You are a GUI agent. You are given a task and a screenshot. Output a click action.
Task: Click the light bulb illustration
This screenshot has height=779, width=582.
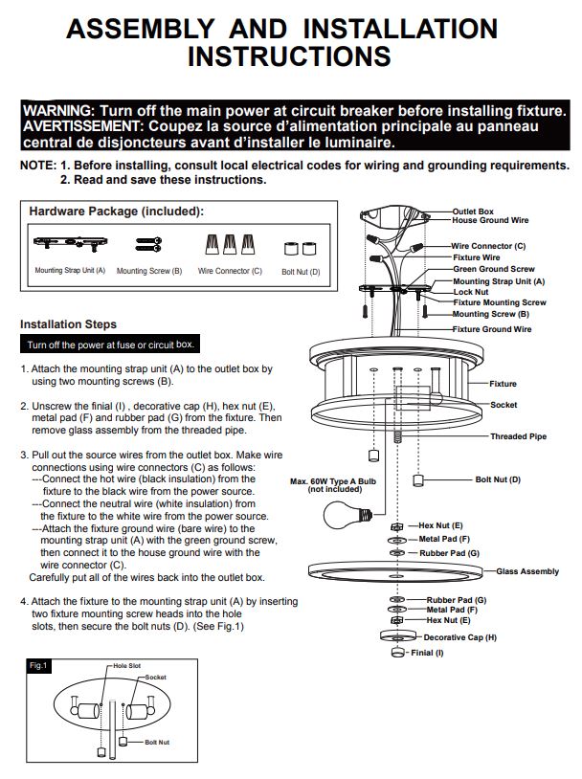pos(347,515)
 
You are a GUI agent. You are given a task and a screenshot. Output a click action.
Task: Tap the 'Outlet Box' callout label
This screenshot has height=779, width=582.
pos(473,211)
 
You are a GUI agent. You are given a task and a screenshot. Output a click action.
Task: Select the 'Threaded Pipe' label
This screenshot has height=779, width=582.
pos(519,436)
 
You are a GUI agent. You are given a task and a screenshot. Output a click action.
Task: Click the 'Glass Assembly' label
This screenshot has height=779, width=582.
pos(527,571)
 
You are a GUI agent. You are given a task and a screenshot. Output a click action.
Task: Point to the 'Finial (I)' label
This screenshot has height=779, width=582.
pos(427,653)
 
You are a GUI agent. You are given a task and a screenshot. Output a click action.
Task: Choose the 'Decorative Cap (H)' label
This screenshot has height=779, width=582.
pos(460,637)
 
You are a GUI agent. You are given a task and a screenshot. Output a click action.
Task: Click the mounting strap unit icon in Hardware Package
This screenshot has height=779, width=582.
pos(70,243)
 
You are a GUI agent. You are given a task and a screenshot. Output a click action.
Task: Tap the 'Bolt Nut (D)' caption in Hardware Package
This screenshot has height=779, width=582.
pos(301,272)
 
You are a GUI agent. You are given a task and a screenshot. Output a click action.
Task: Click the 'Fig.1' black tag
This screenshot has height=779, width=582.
pos(37,666)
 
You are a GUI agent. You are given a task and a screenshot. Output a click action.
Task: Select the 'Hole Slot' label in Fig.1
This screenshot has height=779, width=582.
pos(126,666)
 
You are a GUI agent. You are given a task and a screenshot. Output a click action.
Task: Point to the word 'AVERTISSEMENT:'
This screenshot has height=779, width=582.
pos(83,126)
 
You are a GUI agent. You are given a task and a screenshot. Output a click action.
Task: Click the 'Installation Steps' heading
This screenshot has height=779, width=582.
pos(68,324)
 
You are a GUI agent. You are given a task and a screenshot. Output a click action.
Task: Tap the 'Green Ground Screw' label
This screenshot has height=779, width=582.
pos(494,269)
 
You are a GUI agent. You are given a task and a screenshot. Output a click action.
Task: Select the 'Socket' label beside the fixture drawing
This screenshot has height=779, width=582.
pos(504,405)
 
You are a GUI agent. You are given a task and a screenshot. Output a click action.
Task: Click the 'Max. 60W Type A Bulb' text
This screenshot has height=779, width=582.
pos(333,481)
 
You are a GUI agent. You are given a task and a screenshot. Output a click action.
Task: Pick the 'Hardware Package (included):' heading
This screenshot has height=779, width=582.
pos(116,211)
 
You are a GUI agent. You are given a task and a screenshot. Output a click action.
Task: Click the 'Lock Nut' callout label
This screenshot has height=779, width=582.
pos(471,292)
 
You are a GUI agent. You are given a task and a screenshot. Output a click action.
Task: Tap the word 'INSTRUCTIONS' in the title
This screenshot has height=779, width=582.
pos(289,56)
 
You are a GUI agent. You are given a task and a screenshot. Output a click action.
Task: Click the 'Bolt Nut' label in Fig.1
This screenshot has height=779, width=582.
pos(157,743)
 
